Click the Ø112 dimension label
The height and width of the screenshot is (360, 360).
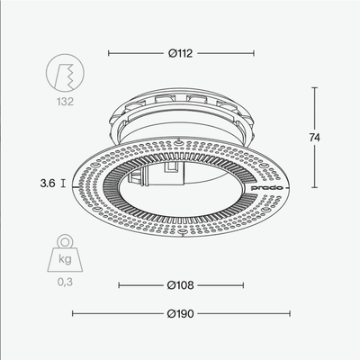[x=181, y=54]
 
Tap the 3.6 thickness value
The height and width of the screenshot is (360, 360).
[x=48, y=183]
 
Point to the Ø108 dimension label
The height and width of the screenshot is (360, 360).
[x=181, y=285]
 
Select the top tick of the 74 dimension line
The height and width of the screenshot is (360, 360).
[x=315, y=87]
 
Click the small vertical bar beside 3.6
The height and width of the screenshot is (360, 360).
[x=64, y=183]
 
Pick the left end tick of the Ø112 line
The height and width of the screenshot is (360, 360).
[x=109, y=54]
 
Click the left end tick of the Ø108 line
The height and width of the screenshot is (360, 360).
[x=120, y=285]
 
